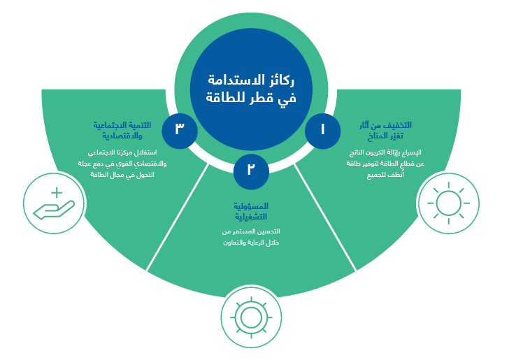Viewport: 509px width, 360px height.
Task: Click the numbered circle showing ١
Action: tap(323, 131)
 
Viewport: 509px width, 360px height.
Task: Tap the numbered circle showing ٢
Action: tap(251, 171)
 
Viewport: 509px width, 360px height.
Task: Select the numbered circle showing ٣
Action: tap(180, 131)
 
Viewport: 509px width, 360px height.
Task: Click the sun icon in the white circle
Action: tap(449, 203)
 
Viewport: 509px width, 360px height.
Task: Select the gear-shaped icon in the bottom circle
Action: tap(251, 317)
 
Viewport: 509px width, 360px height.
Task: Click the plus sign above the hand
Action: tap(57, 192)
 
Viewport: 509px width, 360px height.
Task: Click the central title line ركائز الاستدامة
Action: tap(251, 80)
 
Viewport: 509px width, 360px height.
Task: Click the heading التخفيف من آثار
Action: tap(385, 125)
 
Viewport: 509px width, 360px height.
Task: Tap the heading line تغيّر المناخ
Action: tap(385, 136)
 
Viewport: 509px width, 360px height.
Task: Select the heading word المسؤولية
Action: tap(251, 206)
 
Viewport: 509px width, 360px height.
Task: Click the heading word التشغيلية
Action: tap(251, 217)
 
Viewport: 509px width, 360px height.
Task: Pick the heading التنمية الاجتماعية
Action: tap(122, 125)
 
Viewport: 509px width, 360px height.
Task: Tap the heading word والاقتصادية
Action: tap(122, 136)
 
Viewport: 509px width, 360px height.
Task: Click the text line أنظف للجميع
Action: tap(385, 175)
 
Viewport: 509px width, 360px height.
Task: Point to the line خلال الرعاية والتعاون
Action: tap(251, 243)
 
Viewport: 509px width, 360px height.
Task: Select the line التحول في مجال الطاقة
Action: tap(122, 175)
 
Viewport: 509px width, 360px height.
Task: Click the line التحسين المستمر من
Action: tap(251, 231)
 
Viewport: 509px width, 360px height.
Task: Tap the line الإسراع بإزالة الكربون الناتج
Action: tap(385, 152)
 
